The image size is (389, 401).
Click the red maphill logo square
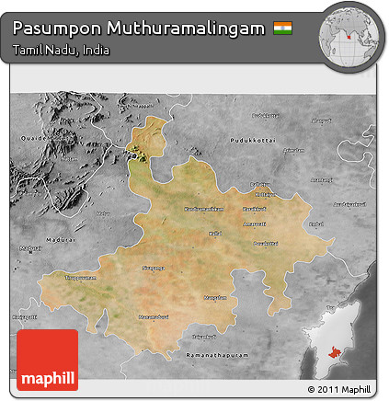pyautogui.click(x=47, y=360)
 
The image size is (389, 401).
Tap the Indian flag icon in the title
pyautogui.click(x=281, y=21)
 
